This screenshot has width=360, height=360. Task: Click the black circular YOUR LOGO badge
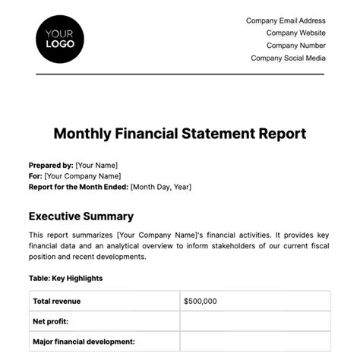pos(60,39)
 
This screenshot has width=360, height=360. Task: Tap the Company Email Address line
pos(286,21)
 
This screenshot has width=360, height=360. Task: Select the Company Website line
pos(296,33)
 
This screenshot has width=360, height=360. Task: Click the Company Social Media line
pos(288,58)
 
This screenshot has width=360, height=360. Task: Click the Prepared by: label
pos(51,165)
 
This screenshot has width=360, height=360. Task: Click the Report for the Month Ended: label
pos(78,186)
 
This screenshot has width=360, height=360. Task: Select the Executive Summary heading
pos(81,216)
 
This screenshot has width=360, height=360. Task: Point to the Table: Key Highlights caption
pos(65,278)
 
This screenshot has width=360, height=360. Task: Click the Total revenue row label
pos(57,302)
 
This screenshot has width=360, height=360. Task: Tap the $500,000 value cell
pos(201,302)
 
